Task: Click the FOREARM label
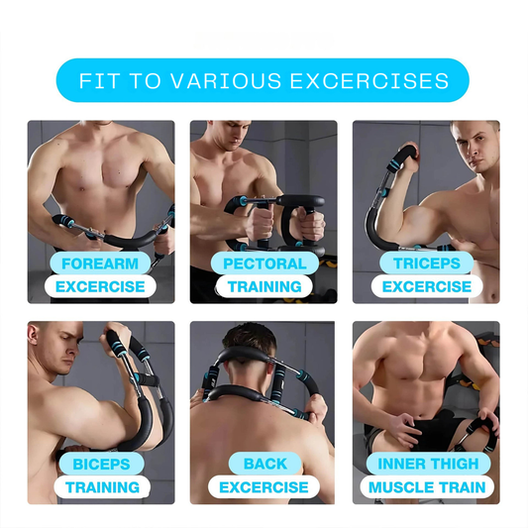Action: click(x=100, y=264)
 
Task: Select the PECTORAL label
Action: click(x=264, y=264)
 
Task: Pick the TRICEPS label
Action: click(x=426, y=264)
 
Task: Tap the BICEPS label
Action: click(x=101, y=464)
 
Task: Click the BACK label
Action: click(x=264, y=464)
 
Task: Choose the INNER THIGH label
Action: click(x=426, y=464)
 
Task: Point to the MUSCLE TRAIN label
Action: click(x=426, y=487)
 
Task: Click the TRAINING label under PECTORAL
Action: click(x=264, y=287)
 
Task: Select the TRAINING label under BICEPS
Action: click(x=101, y=487)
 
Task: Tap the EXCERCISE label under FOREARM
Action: click(x=100, y=287)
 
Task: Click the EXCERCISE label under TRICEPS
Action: click(x=426, y=287)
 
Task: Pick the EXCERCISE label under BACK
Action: click(x=264, y=487)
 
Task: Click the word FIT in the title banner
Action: click(x=97, y=81)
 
